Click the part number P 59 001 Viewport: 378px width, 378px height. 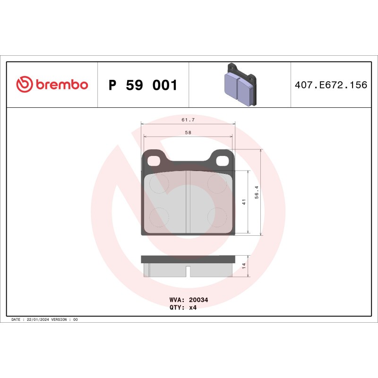[x=143, y=86]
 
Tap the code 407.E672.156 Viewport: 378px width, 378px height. [x=331, y=86]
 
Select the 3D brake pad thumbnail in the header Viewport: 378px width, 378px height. [x=240, y=85]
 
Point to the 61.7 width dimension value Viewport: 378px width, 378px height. [x=188, y=120]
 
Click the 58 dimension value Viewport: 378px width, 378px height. [x=188, y=133]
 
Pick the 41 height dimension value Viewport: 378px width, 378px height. [x=244, y=202]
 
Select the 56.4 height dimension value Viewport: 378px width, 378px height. [x=257, y=195]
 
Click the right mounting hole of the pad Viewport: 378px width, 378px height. [x=222, y=160]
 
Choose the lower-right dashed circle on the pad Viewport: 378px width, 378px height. [x=217, y=217]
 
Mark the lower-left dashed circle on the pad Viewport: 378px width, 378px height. [x=159, y=217]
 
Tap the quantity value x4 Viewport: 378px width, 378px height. [x=193, y=307]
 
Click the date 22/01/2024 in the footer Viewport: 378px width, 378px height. [x=37, y=320]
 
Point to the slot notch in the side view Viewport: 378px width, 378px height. [x=188, y=271]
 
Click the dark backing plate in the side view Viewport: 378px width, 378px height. [x=188, y=259]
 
